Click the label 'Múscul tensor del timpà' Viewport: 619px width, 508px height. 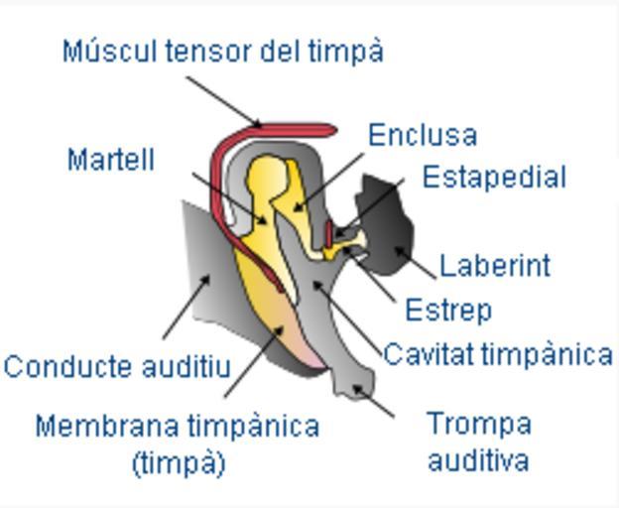pos(222,52)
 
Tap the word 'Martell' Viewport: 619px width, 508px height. pos(111,159)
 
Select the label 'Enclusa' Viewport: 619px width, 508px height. pos(423,135)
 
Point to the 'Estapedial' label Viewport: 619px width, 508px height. pos(494,177)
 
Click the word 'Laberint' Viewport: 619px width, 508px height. pos(494,266)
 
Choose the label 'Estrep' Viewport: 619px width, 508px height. pos(448,311)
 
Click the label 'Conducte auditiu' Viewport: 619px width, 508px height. pos(117,366)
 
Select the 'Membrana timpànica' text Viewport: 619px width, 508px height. pos(177,427)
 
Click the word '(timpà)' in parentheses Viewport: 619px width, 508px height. pos(179,462)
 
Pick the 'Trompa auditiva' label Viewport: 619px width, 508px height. pos(478,442)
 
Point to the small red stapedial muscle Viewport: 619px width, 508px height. pos(328,234)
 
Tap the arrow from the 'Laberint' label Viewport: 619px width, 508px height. pos(417,261)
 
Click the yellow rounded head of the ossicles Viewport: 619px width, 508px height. pos(268,174)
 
